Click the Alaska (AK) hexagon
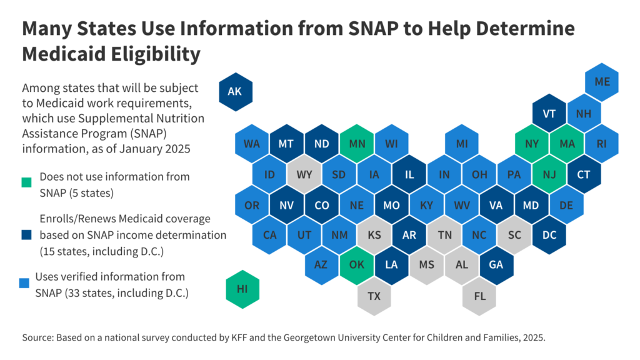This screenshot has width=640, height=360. [x=234, y=92]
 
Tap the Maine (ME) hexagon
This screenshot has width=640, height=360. [x=602, y=82]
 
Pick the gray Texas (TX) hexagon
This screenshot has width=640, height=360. [x=374, y=296]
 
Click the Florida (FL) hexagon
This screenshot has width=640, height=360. [x=479, y=296]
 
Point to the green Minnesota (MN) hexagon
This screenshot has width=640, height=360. [x=356, y=144]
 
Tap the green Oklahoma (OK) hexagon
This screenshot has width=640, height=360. [x=356, y=264]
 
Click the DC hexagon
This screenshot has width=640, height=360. [x=549, y=234]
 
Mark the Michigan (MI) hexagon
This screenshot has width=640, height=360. [x=462, y=144]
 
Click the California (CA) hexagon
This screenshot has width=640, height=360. [x=269, y=234]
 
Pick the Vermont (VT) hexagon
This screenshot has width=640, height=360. [x=549, y=114]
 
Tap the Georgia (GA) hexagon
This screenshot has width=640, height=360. [x=496, y=264]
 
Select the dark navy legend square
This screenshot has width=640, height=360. [x=27, y=236]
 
